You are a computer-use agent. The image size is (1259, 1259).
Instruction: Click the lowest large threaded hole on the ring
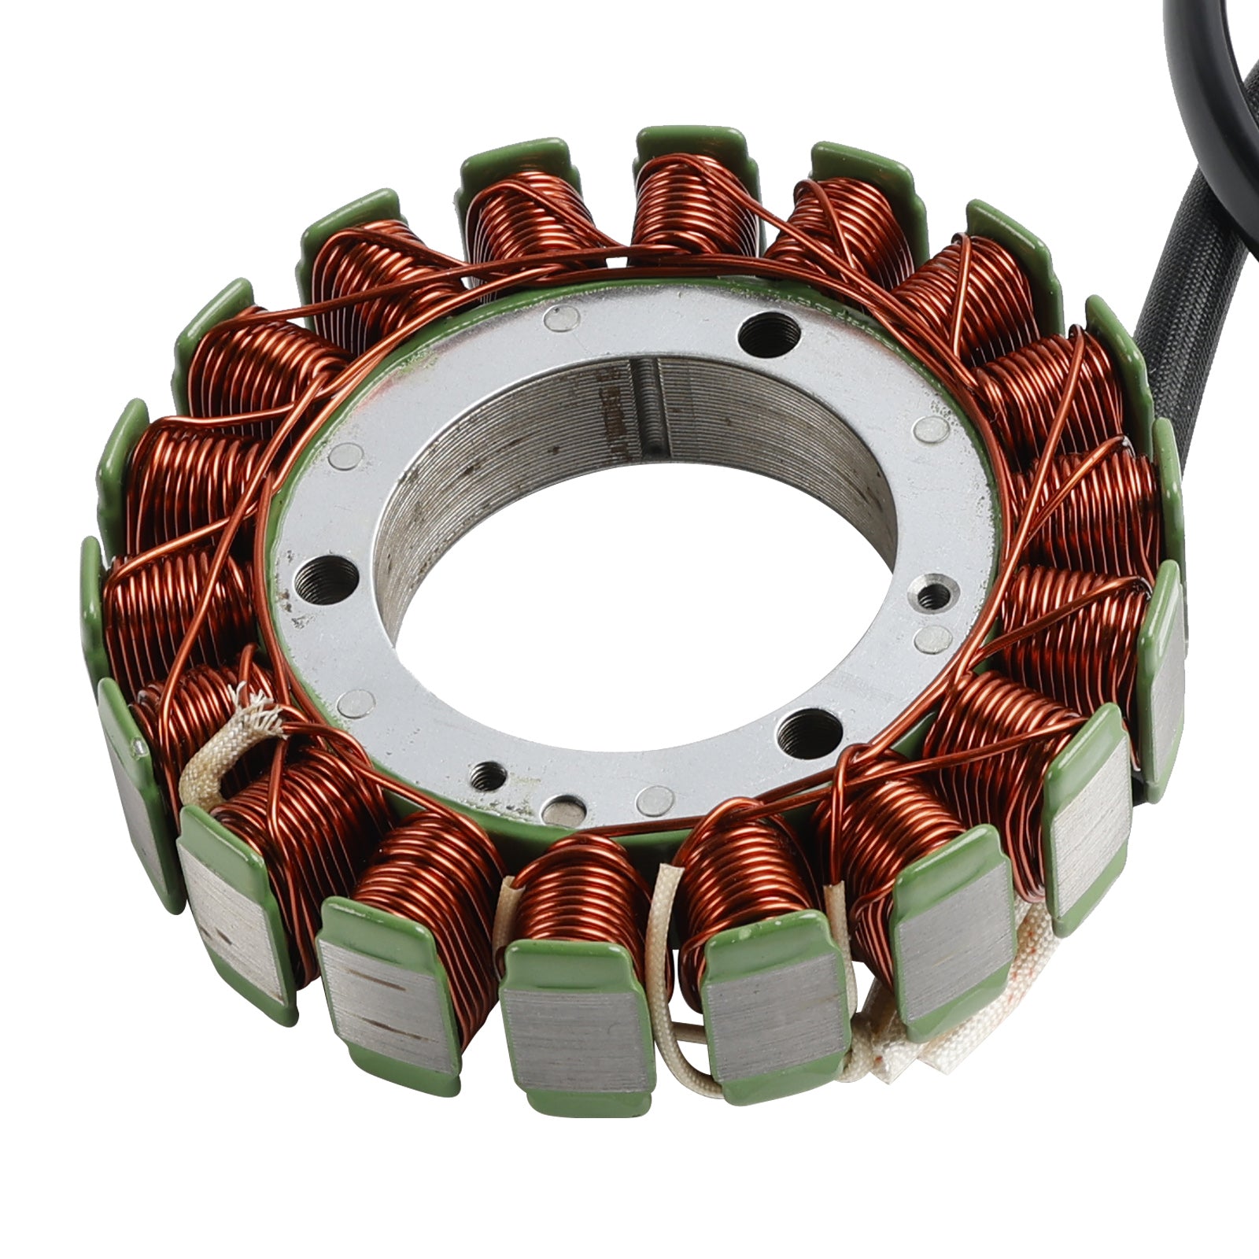[x=806, y=733]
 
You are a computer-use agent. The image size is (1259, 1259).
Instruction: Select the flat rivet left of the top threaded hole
[x=560, y=317]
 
